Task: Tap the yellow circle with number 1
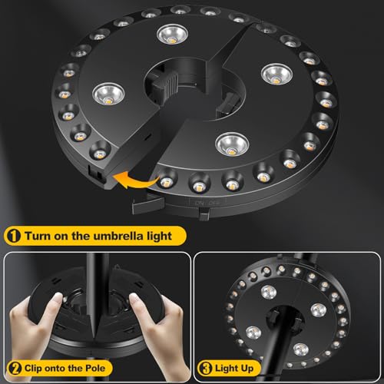coord(15,235)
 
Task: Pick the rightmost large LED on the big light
coord(276,74)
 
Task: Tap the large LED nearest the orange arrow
coord(227,142)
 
